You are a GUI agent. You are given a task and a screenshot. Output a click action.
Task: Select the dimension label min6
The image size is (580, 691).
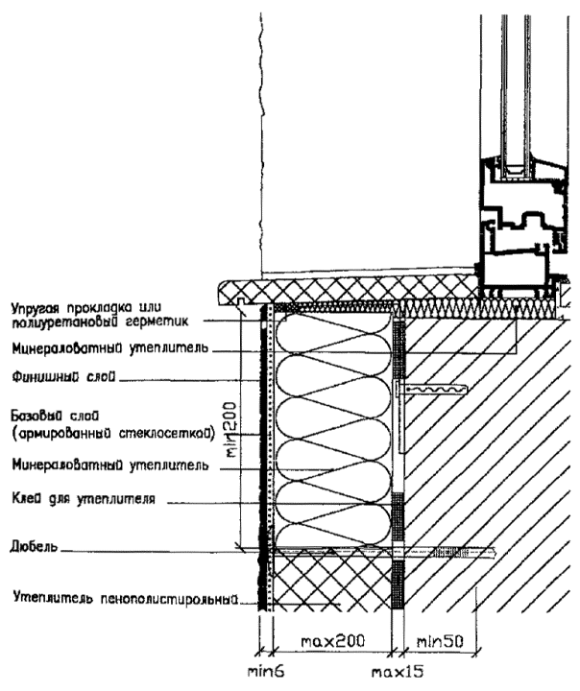tap(262, 673)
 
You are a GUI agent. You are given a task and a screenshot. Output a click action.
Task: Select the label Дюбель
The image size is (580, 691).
tap(29, 548)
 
